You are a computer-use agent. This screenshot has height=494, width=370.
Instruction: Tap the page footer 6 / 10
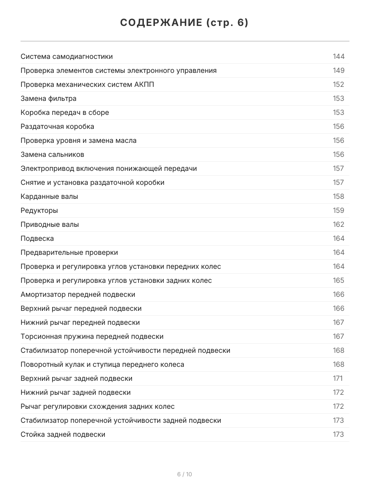point(185,474)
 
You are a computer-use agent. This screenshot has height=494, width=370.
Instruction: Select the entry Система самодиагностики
point(67,56)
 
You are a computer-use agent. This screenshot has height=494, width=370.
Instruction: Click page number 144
point(339,56)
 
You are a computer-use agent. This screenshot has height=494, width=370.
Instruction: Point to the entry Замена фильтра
point(49,98)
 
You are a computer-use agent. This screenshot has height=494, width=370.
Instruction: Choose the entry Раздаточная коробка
point(58,126)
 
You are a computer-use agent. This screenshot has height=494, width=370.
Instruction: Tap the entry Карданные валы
point(49,196)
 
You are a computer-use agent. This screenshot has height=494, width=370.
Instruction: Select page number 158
point(339,196)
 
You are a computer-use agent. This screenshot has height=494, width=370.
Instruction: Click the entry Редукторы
point(39,210)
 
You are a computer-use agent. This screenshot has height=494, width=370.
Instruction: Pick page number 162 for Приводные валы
point(339,224)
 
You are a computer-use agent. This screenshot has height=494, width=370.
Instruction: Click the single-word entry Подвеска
point(37,238)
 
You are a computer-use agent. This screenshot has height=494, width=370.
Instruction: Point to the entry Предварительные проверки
point(69,252)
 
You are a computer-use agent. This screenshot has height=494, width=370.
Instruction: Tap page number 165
point(339,280)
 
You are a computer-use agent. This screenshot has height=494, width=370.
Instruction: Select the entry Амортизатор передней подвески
point(78,294)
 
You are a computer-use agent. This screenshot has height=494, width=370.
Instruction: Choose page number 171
point(338,378)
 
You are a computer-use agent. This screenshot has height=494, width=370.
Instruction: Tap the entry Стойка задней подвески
point(63,434)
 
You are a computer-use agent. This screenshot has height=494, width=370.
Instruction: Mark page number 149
point(339,70)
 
